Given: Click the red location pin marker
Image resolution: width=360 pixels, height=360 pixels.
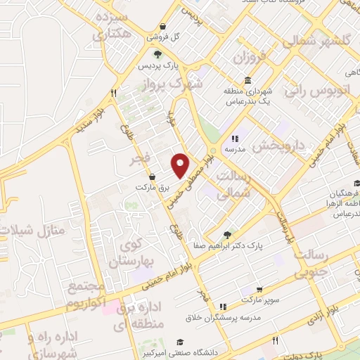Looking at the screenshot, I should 181,165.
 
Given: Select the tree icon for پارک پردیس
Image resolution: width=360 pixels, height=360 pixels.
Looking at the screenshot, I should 159,54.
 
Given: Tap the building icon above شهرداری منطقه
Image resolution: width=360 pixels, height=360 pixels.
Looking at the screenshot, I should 248,80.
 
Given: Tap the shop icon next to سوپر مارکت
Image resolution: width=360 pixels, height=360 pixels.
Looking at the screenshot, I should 259,290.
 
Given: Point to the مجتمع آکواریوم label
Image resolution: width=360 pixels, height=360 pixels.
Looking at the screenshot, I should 86,295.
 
